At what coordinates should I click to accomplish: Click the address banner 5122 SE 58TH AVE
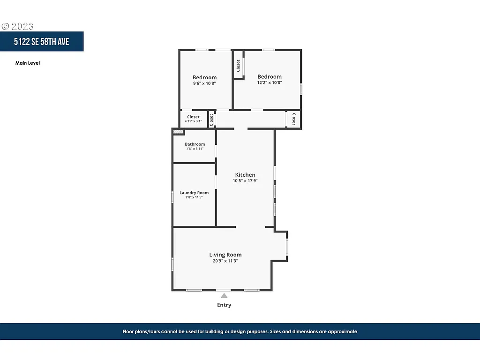tap(41, 42)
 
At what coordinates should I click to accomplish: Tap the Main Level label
tap(28, 63)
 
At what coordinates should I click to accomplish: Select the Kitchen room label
tap(245, 175)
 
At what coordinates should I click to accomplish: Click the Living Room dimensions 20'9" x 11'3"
tap(225, 261)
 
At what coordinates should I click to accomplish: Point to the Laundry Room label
tap(194, 193)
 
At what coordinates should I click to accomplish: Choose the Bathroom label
tap(195, 144)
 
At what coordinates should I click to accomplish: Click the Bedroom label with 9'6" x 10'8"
tap(204, 77)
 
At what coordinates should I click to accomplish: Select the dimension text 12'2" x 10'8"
tap(269, 82)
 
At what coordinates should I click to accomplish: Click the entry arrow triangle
tap(224, 295)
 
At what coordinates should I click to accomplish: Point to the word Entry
tap(224, 305)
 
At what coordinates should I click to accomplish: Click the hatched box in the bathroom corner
tap(178, 132)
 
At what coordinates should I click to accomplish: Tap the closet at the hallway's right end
tap(293, 119)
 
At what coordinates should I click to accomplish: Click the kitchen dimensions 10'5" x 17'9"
tap(245, 180)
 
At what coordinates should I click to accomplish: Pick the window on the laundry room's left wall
tap(172, 197)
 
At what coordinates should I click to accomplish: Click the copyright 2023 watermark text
tap(17, 26)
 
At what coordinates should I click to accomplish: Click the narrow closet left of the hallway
tap(211, 119)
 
